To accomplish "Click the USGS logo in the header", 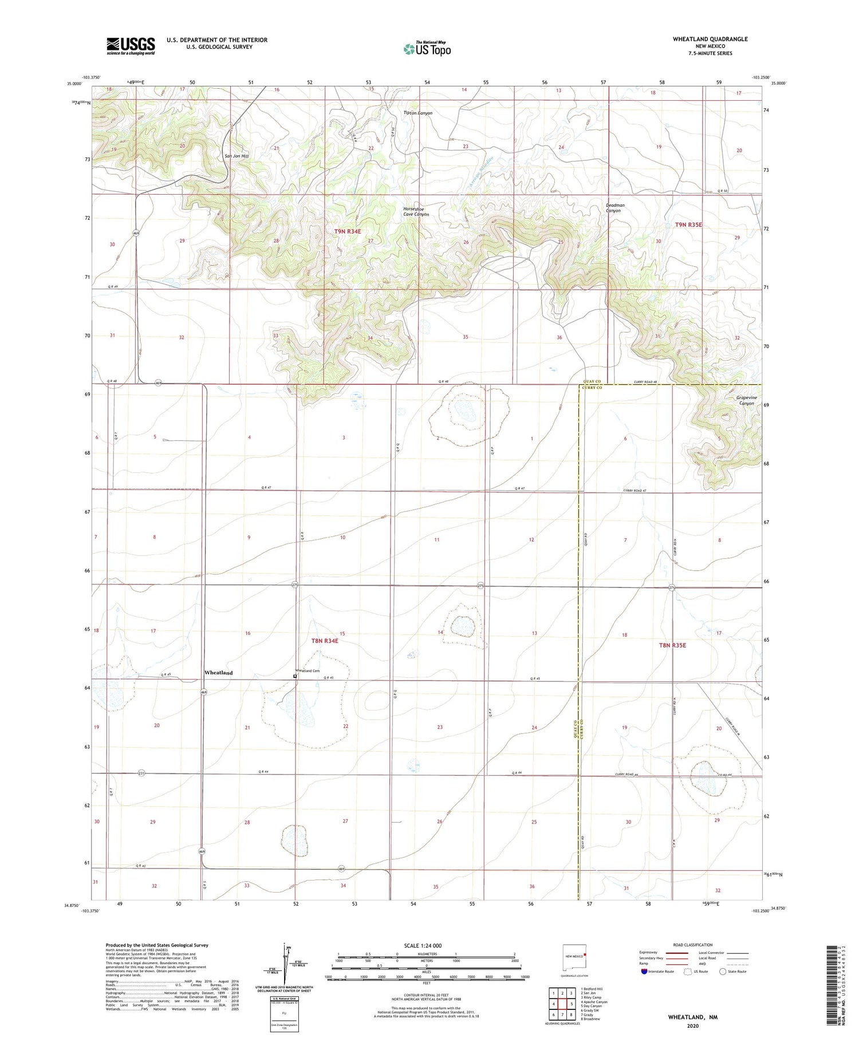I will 131,46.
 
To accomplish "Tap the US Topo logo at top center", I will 427,49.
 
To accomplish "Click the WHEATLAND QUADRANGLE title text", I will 710,39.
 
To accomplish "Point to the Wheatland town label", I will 218,673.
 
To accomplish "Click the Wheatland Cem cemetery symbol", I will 295,676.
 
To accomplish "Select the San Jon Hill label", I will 237,156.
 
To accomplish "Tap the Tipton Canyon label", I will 418,113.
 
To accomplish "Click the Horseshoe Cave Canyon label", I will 416,212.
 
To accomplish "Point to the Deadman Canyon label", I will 615,208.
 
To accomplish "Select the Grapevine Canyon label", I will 746,400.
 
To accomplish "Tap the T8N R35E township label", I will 672,645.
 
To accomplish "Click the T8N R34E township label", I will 325,641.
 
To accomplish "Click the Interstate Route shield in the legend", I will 644,972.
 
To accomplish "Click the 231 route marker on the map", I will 141,773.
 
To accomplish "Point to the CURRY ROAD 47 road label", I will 635,491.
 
